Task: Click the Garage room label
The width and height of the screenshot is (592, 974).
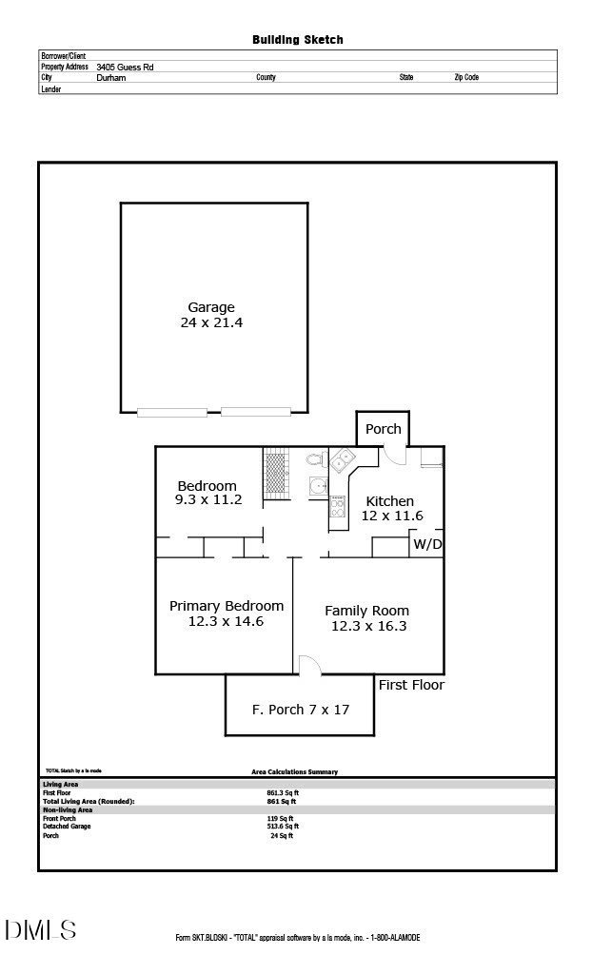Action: coord(210,307)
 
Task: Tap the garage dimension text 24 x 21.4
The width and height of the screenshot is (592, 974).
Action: coord(211,323)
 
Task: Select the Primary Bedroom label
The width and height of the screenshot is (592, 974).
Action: coord(227,606)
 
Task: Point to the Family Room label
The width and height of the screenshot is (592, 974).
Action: coord(366,611)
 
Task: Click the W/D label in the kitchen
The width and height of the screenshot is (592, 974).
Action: coord(426,545)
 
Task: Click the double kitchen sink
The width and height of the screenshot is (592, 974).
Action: coord(342,463)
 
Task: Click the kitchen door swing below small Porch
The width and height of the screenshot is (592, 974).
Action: coord(394,456)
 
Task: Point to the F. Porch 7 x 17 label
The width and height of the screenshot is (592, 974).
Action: coord(300,710)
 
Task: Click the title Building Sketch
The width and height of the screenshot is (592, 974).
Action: coord(297,40)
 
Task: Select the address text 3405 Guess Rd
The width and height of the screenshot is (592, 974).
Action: coord(125,68)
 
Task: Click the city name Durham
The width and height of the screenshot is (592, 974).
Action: coord(111,78)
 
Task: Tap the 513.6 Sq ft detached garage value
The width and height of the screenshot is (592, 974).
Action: coord(282,827)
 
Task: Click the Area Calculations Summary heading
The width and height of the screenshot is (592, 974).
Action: coord(287,772)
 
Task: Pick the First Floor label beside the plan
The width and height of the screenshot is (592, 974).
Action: coord(411,685)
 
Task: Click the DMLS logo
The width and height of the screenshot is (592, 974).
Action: coord(40,929)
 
